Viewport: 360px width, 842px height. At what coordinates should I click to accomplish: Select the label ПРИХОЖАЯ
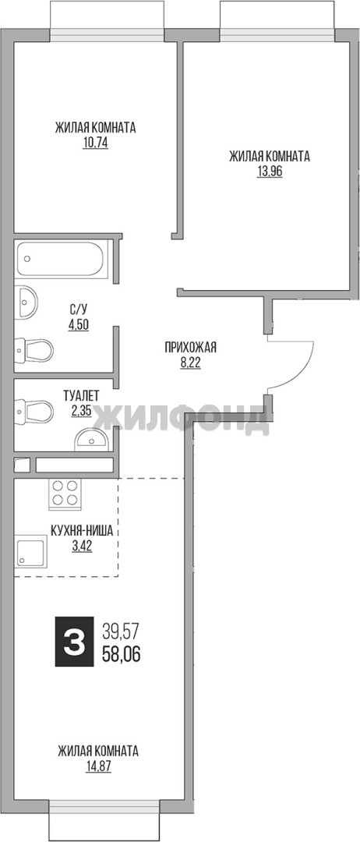(x=190, y=348)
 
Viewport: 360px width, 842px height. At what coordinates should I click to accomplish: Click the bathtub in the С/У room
(x=62, y=259)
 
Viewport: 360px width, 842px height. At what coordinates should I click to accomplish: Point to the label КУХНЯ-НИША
(x=82, y=532)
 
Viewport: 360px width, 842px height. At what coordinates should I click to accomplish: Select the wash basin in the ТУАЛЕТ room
(x=92, y=439)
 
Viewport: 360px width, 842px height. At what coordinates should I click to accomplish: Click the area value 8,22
(x=190, y=363)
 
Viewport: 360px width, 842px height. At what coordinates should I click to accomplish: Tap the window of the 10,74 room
(x=107, y=20)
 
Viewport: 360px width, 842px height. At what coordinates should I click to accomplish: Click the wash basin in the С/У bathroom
(x=26, y=303)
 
